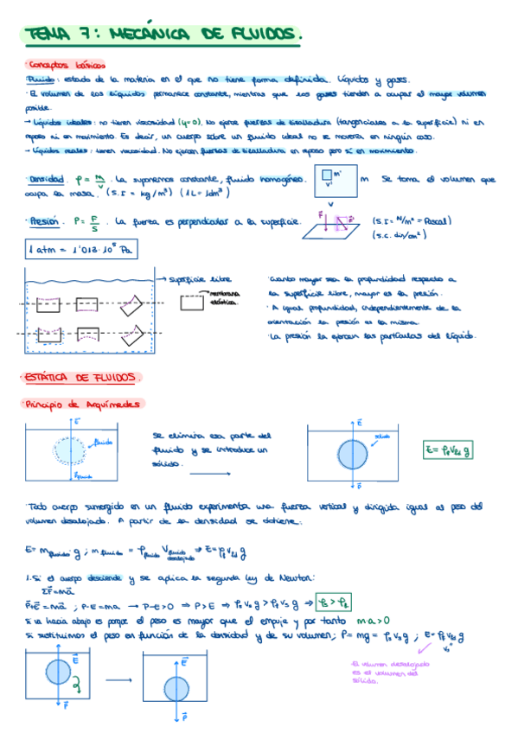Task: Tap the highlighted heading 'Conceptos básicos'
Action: (67, 65)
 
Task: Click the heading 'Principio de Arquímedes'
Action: (85, 404)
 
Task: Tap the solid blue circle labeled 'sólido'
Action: (353, 453)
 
